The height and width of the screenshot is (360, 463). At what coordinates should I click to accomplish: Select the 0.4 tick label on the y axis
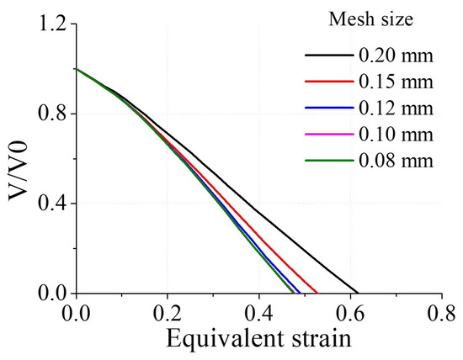(x=50, y=204)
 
